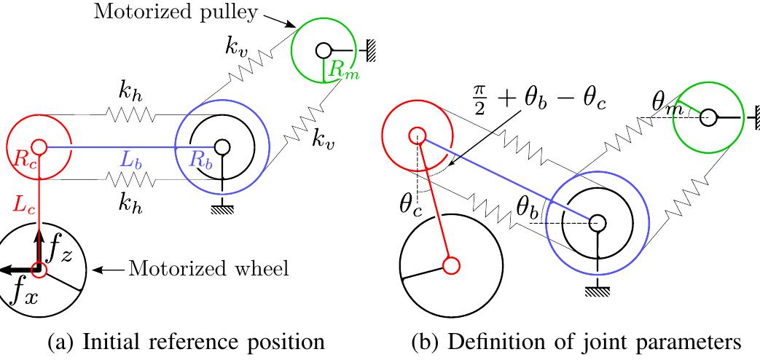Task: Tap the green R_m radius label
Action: (x=342, y=71)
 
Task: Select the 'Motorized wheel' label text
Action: (x=208, y=269)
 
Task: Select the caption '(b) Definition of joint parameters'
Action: (x=567, y=343)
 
